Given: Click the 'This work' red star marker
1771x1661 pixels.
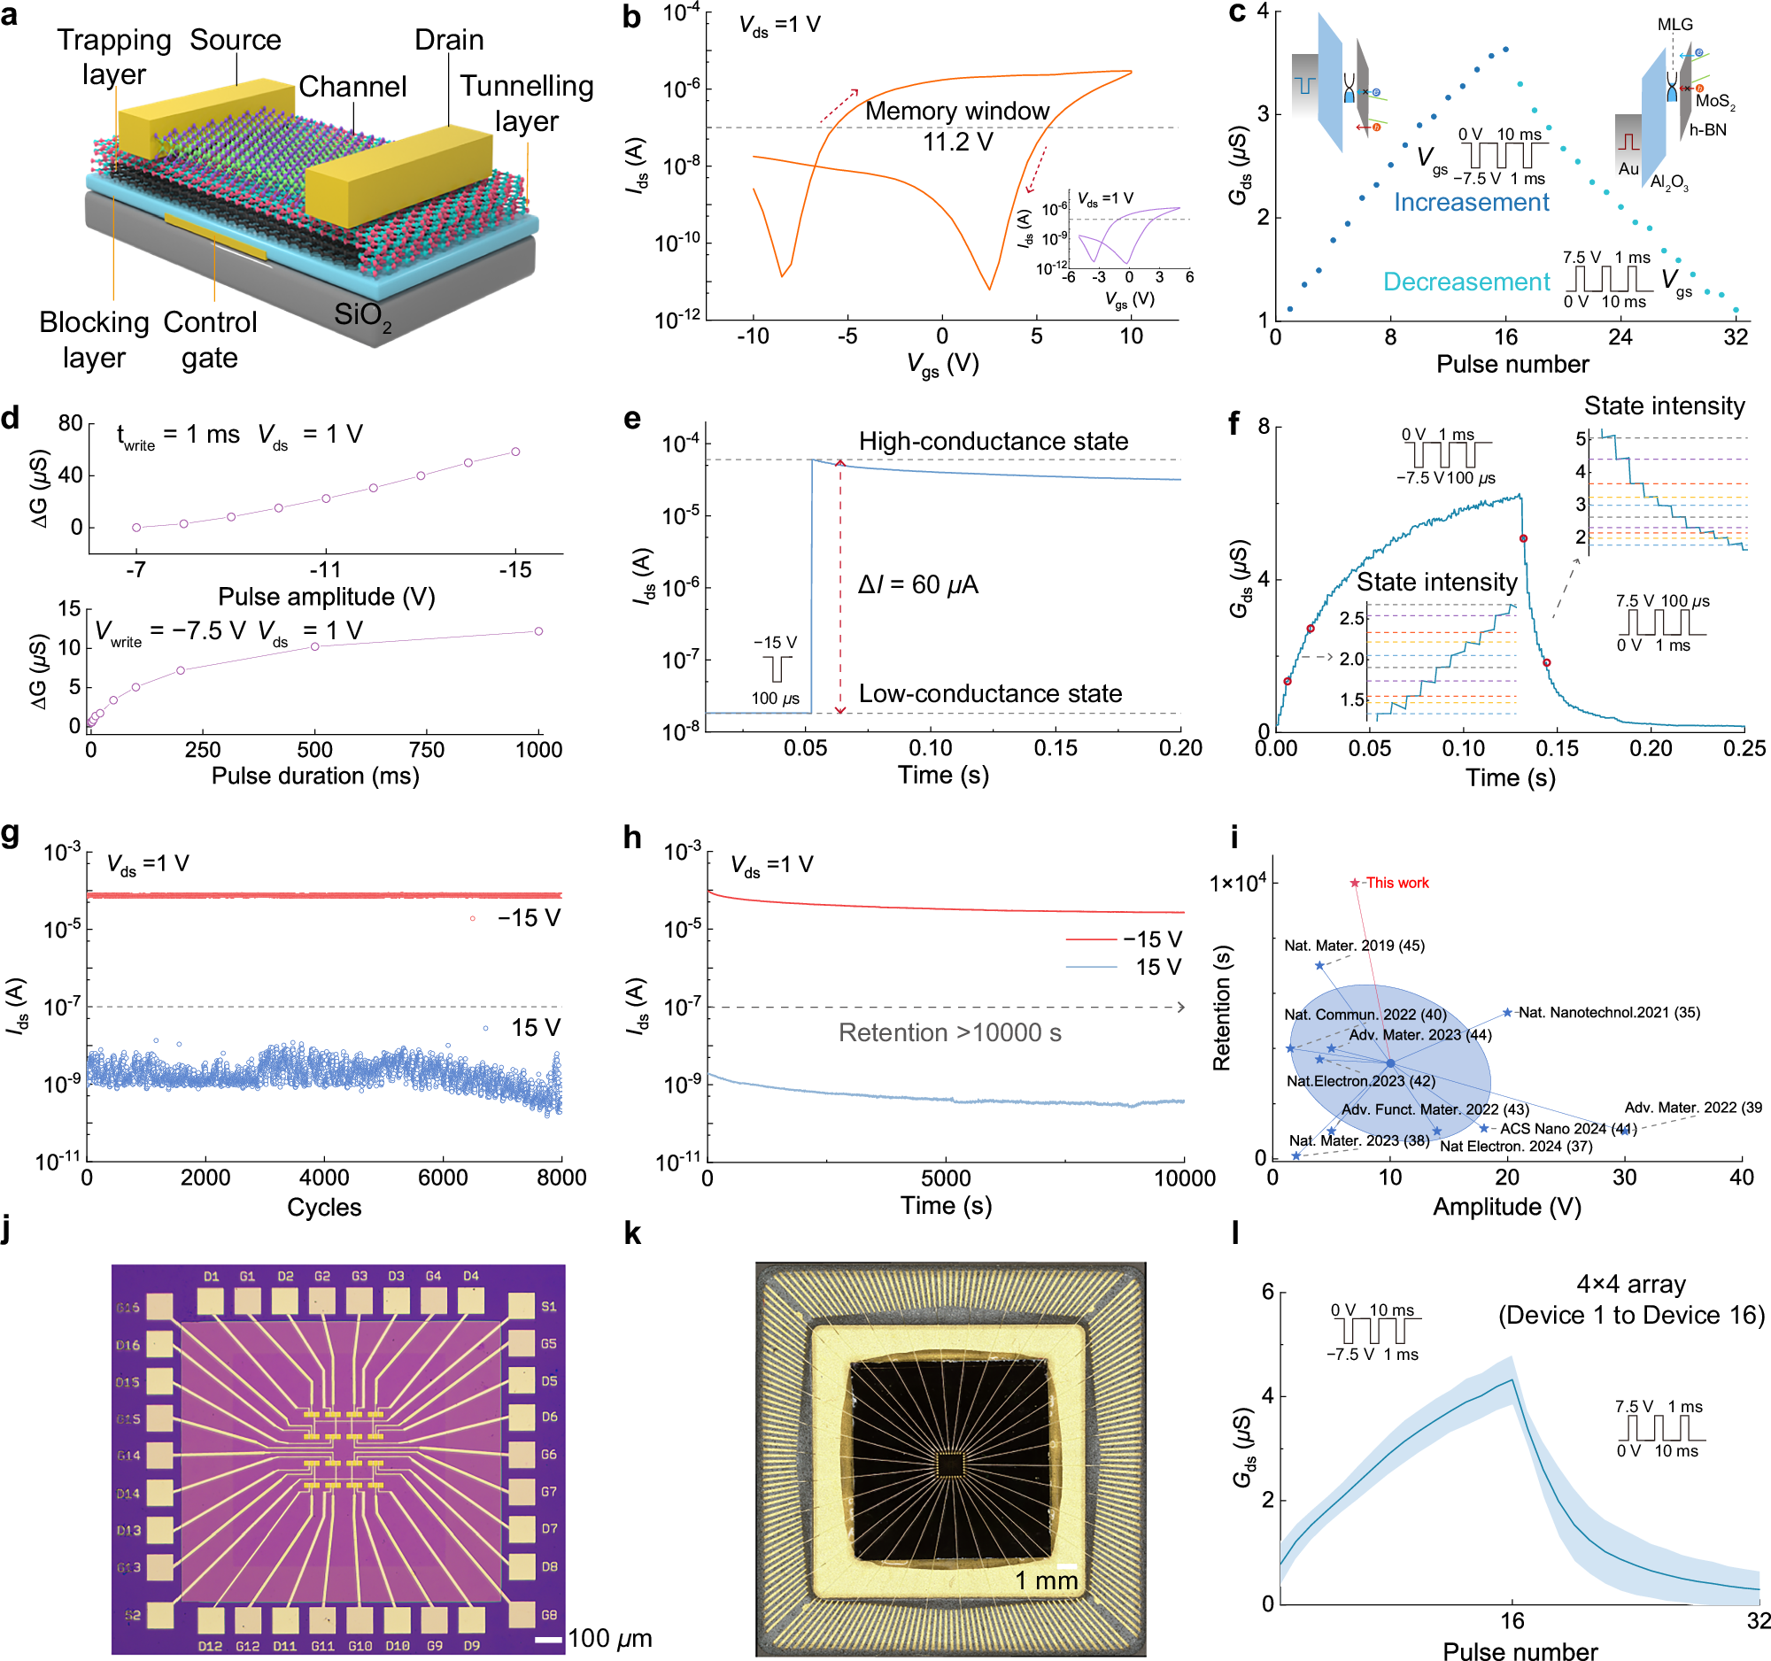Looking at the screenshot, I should pyautogui.click(x=1355, y=883).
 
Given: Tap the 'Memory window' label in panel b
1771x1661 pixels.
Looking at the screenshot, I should pyautogui.click(x=956, y=112).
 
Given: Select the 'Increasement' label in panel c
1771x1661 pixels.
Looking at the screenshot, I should pyautogui.click(x=1471, y=202).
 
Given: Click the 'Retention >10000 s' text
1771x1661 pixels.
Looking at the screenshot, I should pyautogui.click(x=949, y=1032).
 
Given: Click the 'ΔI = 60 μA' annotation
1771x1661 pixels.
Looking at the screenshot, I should pyautogui.click(x=917, y=584).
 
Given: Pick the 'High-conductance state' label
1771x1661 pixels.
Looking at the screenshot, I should pyautogui.click(x=993, y=441).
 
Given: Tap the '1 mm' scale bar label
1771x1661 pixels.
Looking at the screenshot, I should pyautogui.click(x=1046, y=1580).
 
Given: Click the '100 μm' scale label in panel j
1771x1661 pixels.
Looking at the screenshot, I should pyautogui.click(x=609, y=1638).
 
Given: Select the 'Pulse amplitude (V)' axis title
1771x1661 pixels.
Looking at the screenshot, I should pyautogui.click(x=326, y=596).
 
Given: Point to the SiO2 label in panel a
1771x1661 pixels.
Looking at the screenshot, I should pyautogui.click(x=361, y=314).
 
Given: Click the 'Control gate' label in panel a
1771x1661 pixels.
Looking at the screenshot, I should pyautogui.click(x=209, y=339).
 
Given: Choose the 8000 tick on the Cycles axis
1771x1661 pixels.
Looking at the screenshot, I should pyautogui.click(x=561, y=1177).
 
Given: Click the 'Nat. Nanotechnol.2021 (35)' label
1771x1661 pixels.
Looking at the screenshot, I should pyautogui.click(x=1608, y=1012).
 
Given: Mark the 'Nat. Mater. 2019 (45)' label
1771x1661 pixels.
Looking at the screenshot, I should pyautogui.click(x=1353, y=945).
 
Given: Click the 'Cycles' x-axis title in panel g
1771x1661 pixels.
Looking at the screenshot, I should pyautogui.click(x=323, y=1207).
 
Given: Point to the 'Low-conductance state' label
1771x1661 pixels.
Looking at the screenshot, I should pyautogui.click(x=990, y=693).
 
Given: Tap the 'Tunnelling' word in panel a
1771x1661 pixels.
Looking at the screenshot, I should pyautogui.click(x=527, y=86).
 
